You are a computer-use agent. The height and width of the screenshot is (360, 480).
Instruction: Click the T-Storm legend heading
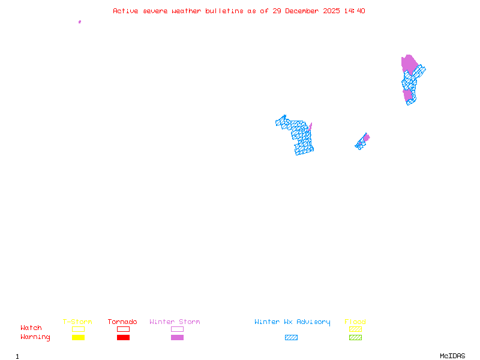(x=77, y=322)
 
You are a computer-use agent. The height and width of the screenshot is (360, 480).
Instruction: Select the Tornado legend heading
(x=122, y=322)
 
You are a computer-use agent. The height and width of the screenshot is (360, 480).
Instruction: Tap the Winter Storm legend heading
(x=175, y=322)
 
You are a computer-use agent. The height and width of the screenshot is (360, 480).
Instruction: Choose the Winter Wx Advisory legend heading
(x=292, y=322)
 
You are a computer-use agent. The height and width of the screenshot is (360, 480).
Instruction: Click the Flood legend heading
(x=355, y=322)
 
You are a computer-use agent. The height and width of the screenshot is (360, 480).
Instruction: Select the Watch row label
(x=31, y=328)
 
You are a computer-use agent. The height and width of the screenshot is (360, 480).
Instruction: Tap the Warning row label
(x=35, y=337)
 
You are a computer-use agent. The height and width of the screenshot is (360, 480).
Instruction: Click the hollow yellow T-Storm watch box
(x=78, y=329)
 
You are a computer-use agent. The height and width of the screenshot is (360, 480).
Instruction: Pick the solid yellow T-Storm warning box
(x=78, y=337)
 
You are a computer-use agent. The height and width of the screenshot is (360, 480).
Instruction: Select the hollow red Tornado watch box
(x=123, y=329)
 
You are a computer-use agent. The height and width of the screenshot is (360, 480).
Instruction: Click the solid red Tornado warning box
(x=123, y=337)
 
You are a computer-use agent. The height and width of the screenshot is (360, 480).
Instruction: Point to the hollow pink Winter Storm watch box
(x=177, y=329)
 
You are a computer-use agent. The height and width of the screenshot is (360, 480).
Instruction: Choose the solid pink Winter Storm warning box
(x=177, y=337)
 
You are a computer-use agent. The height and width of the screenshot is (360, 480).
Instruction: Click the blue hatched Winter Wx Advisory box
(x=291, y=337)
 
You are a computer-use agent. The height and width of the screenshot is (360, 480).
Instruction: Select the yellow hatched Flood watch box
(x=355, y=329)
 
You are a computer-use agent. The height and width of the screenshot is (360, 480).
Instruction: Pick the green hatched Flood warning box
(x=355, y=337)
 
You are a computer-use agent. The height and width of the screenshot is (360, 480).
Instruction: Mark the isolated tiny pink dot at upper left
(x=80, y=22)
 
